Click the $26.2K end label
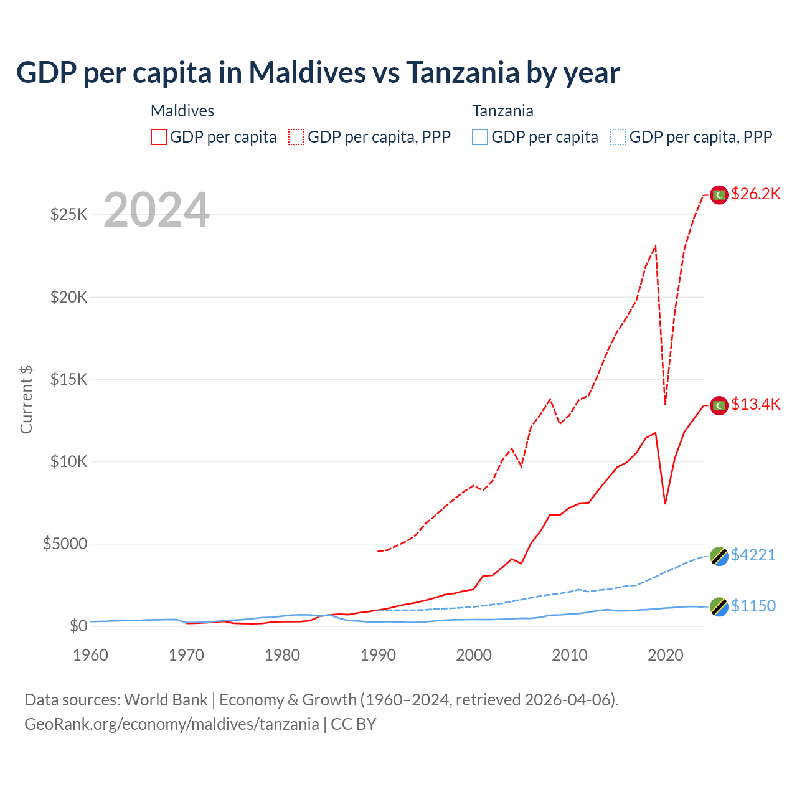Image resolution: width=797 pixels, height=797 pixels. coord(755,194)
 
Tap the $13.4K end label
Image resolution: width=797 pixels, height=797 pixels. coord(755,404)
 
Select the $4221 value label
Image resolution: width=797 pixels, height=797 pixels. coord(753,555)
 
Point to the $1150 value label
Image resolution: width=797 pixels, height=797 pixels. coord(753,606)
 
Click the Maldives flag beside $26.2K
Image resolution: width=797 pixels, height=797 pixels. coord(719,195)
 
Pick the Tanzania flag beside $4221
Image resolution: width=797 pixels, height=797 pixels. coord(719,556)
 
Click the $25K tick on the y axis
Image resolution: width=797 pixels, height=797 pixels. coord(68,215)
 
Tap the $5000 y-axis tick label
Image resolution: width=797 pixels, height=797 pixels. coord(65,544)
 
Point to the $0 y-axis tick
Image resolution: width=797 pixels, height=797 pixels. coord(78,626)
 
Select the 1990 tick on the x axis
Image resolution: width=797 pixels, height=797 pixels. coord(378,655)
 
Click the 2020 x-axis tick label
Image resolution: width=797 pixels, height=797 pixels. coord(666,655)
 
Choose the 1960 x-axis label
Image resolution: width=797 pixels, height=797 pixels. coord(91,655)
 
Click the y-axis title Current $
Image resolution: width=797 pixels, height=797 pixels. coord(26,399)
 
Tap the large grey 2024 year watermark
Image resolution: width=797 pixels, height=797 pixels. coord(156,210)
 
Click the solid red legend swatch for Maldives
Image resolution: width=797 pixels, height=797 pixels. coord(159,137)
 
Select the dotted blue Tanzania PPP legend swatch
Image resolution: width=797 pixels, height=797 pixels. coord(618,137)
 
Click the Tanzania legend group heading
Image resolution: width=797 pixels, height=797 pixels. coord(502,111)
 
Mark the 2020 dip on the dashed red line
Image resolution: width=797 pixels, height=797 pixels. coord(665,404)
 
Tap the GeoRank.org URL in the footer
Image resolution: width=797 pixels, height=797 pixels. coord(171,724)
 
